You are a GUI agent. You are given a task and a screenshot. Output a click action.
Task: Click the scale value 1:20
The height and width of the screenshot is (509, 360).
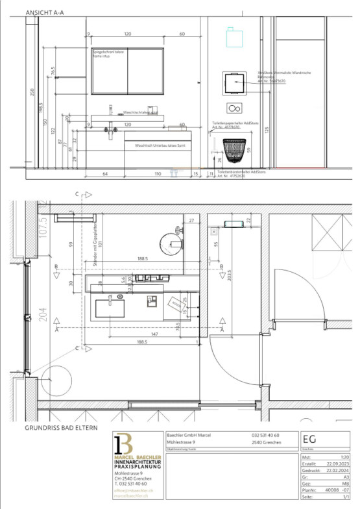point(342,458)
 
